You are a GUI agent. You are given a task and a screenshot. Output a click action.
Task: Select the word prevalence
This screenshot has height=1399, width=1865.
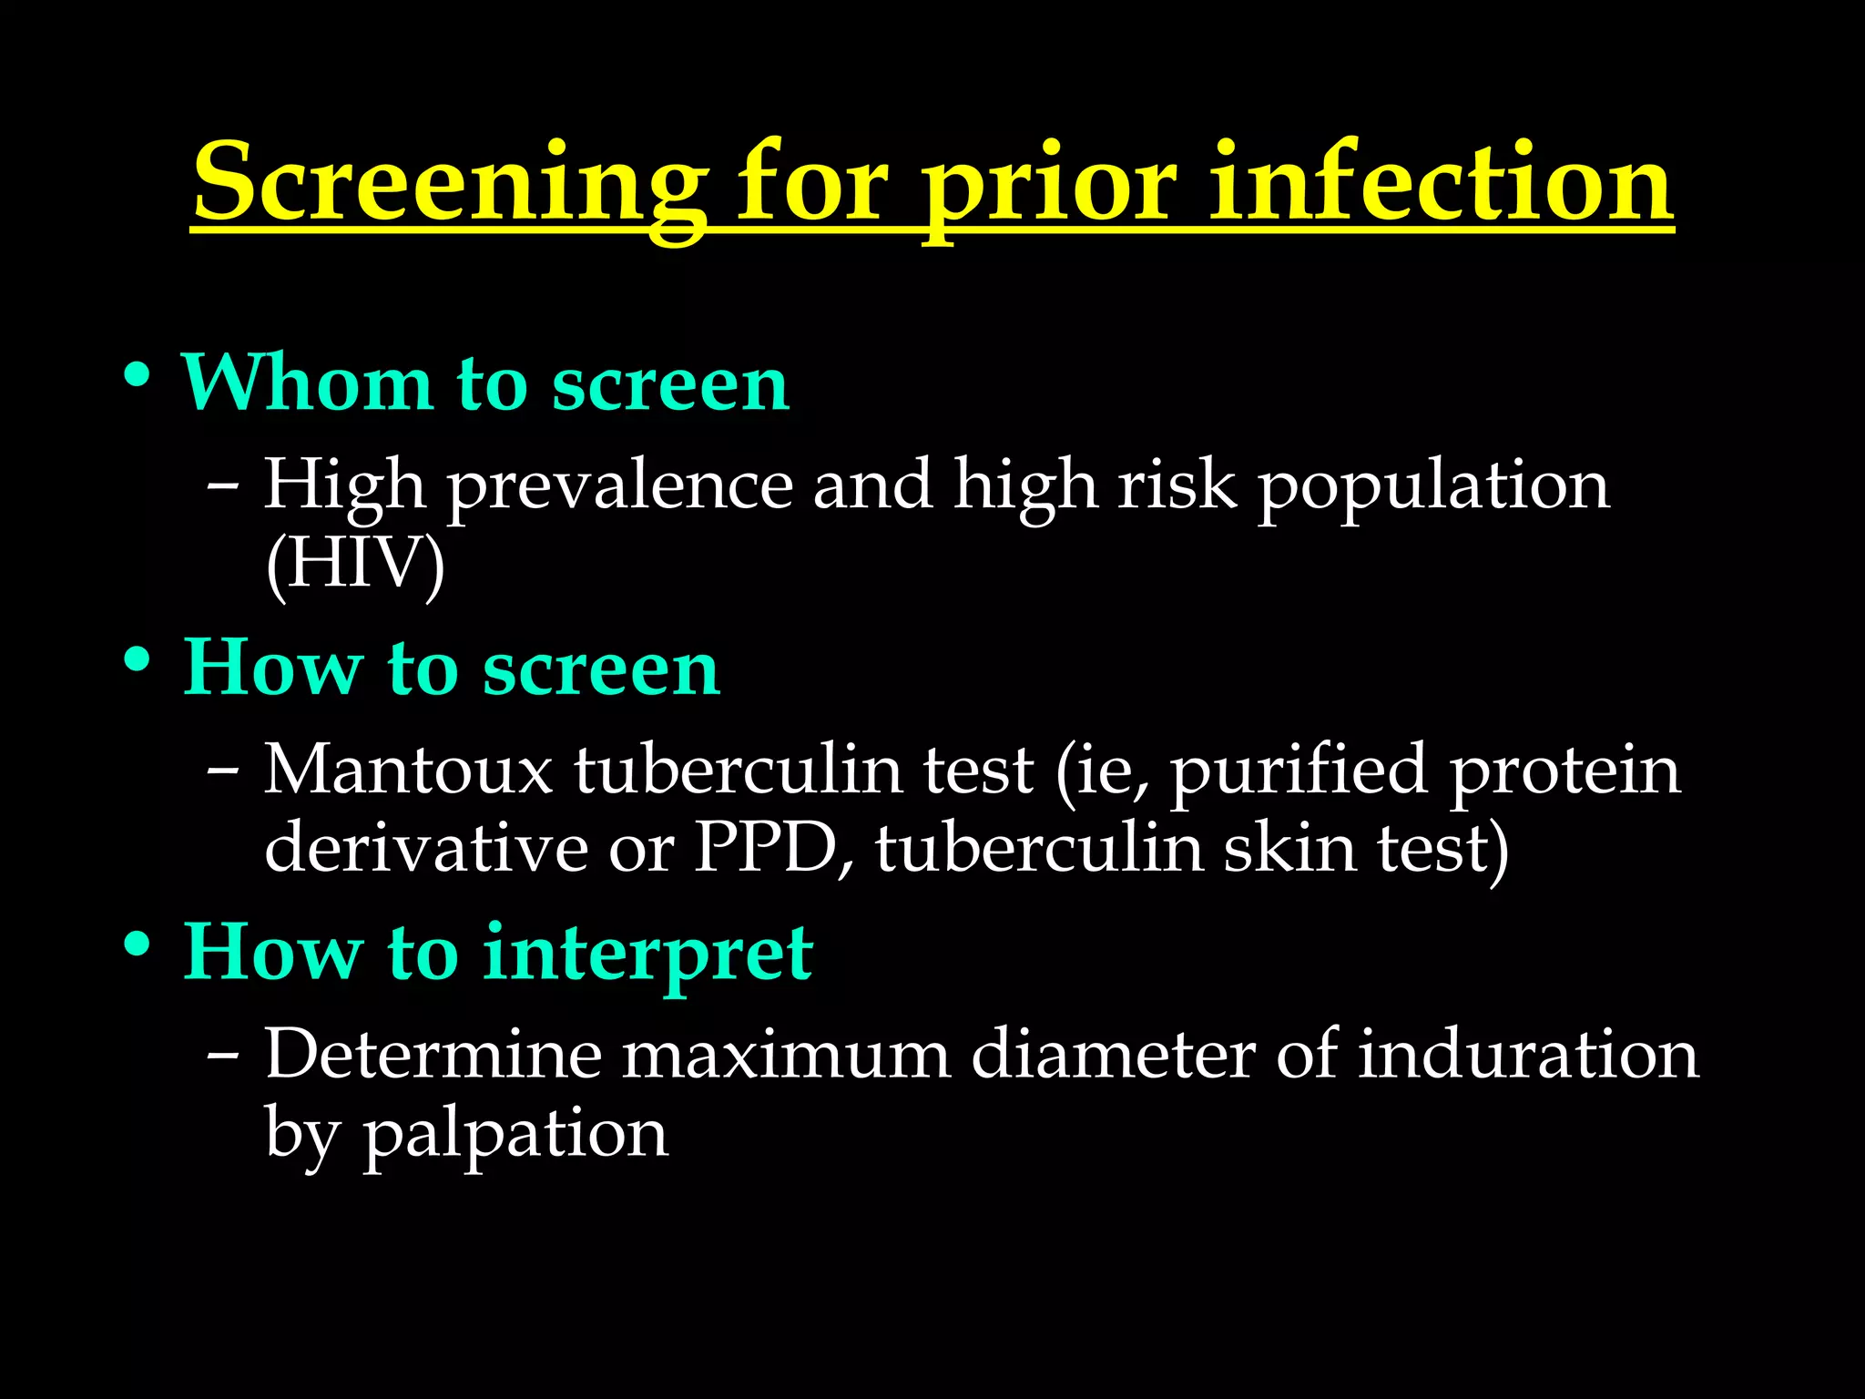(619, 485)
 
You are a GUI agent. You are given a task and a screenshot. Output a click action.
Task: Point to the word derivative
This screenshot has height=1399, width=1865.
(425, 848)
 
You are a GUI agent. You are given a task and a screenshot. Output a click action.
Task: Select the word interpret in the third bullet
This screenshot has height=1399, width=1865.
(647, 954)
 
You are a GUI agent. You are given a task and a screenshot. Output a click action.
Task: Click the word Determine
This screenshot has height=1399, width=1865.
(433, 1055)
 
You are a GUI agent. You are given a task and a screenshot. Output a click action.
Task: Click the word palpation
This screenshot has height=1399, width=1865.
(515, 1134)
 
